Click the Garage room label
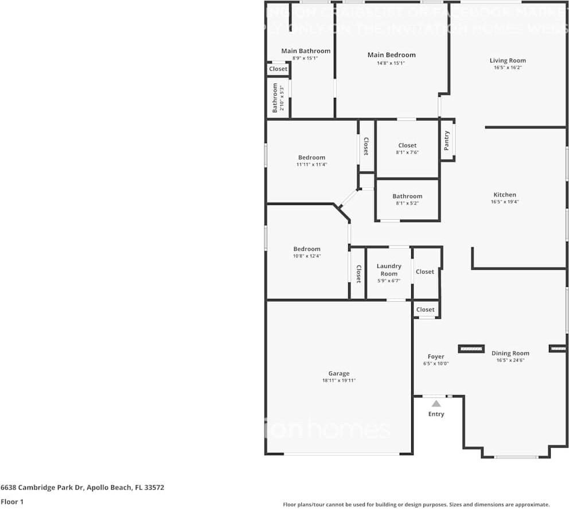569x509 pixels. (x=338, y=374)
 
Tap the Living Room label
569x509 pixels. (x=508, y=61)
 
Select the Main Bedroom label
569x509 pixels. (x=391, y=55)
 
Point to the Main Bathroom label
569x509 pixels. (x=306, y=51)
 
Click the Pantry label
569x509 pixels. (x=447, y=140)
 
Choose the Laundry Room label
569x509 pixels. (x=389, y=270)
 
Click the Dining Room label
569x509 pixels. (x=510, y=353)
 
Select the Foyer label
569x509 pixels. (x=436, y=357)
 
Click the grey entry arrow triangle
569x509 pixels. (x=436, y=404)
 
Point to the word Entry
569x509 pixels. (x=436, y=414)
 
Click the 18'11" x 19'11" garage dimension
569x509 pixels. (x=338, y=381)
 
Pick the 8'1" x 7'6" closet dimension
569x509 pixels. (x=407, y=152)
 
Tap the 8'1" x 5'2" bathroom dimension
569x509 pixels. (x=407, y=203)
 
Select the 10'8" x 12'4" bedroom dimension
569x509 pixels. (x=307, y=256)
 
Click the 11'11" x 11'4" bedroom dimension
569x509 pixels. (x=311, y=164)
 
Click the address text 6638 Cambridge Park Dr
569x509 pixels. (x=42, y=488)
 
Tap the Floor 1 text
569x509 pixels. (x=11, y=502)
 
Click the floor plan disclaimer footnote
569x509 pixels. (x=416, y=504)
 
